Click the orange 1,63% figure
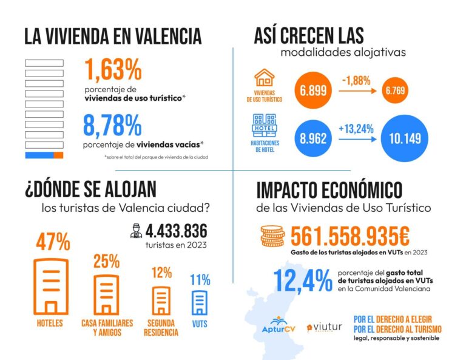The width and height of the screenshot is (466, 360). [x=113, y=70]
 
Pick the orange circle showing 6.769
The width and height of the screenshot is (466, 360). [x=393, y=92]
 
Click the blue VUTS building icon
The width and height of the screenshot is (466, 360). [x=200, y=302]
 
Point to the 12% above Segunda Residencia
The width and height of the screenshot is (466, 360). [x=161, y=273]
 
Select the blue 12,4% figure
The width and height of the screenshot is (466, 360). [x=302, y=280]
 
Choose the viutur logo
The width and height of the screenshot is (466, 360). [x=325, y=328]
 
